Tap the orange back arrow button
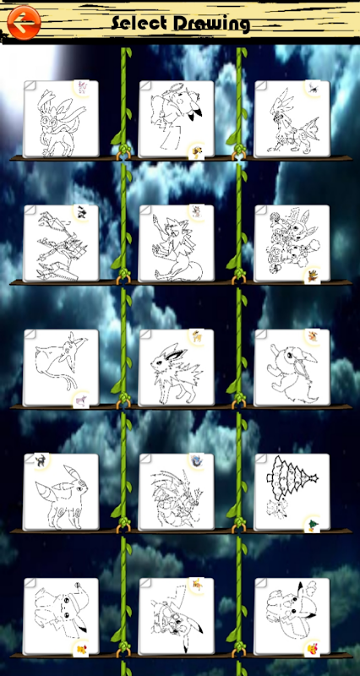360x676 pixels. point(24,23)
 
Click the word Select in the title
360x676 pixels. point(139,24)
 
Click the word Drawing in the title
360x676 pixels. point(211,25)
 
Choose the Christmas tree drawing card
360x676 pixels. point(292,492)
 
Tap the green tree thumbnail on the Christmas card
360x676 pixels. point(313,524)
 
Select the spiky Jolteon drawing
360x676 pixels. point(177,368)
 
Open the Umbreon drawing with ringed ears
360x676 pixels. point(61,492)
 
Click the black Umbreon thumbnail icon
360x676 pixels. point(41,461)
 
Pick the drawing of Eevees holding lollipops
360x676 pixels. point(292,243)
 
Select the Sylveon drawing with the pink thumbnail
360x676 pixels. point(61,119)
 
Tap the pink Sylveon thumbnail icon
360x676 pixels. point(81,87)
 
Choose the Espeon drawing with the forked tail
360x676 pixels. point(61,368)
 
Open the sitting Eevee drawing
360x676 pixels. point(292,368)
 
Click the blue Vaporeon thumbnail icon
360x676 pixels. point(197,461)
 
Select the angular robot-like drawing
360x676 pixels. point(61,243)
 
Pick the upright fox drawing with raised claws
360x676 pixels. point(177,243)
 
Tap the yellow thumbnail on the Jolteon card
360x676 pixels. point(197,336)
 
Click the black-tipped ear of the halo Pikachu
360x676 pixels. point(197,113)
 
